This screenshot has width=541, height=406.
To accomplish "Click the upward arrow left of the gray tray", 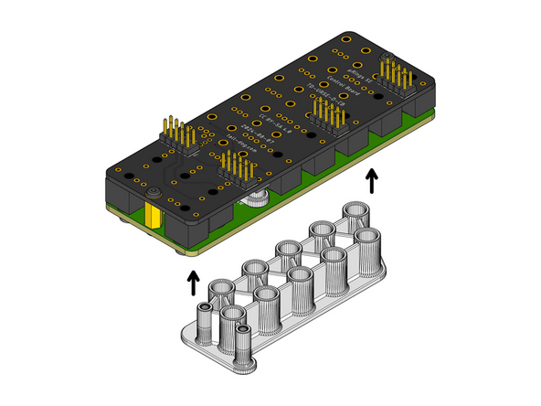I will point(193,282).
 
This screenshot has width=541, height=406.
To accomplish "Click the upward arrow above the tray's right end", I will point(371,180).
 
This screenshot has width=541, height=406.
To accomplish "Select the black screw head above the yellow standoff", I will point(154,193).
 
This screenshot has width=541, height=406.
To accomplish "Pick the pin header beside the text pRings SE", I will point(394,74).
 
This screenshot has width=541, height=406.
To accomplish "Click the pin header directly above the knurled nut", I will point(235,171).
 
